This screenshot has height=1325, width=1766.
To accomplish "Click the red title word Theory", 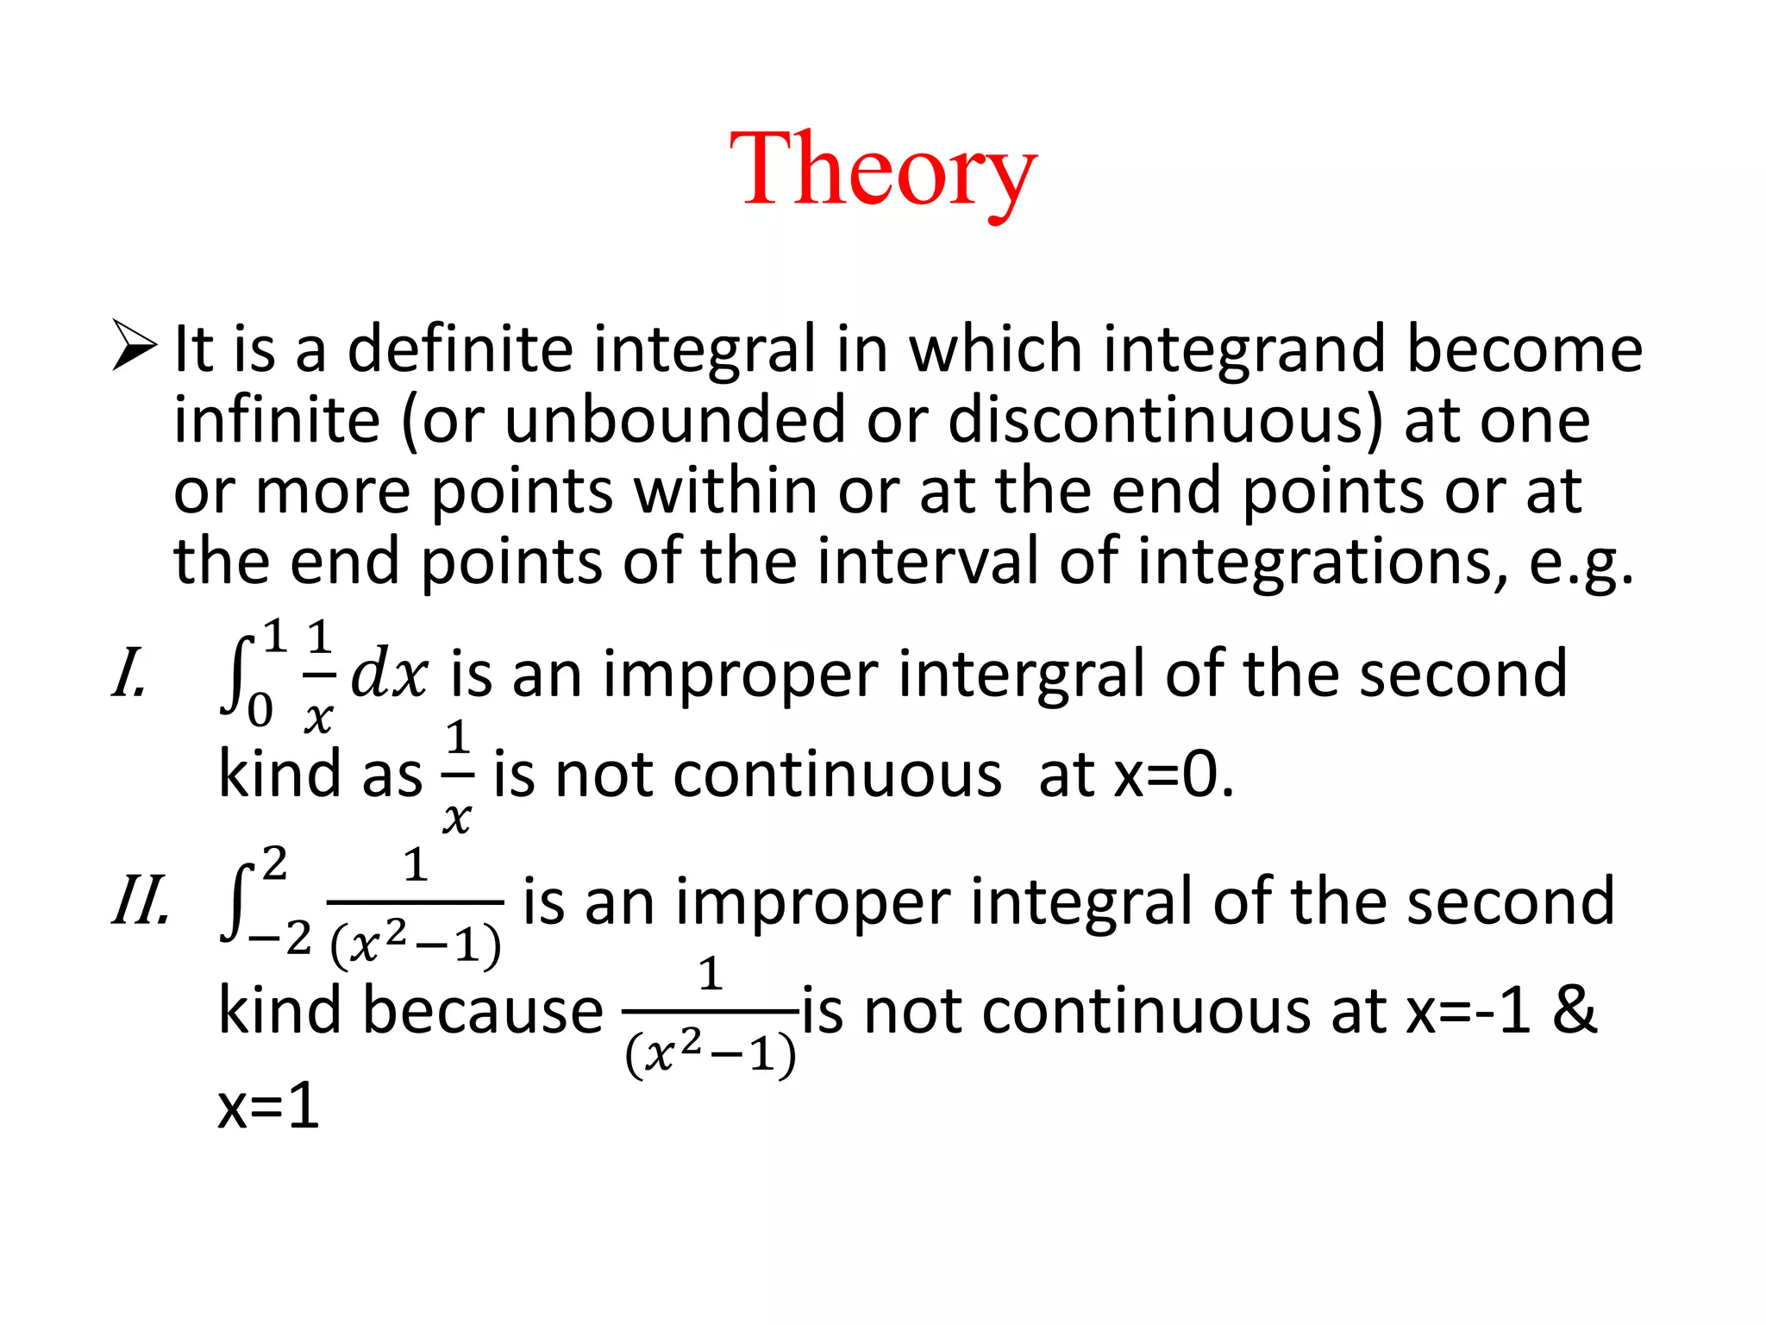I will point(882,170).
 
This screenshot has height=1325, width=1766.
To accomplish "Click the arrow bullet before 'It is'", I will point(135,346).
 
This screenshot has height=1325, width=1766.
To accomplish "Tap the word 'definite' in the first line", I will point(460,349).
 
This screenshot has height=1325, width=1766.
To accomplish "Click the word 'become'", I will point(1525,349).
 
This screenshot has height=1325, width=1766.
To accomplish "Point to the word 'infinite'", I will point(277,420).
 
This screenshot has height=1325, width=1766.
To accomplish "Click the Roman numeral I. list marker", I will point(130,674).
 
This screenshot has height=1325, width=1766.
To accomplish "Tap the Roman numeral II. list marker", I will point(141,902).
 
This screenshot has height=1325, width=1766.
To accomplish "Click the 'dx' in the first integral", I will point(389,674).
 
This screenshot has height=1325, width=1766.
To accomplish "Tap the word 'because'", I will point(483,1010).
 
